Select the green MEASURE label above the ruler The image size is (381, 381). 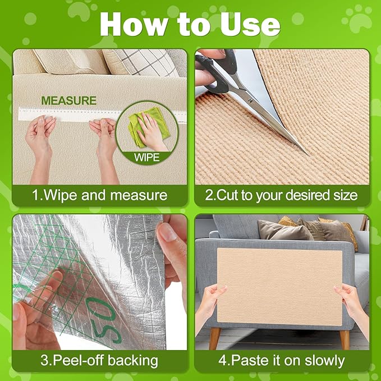pyautogui.click(x=68, y=101)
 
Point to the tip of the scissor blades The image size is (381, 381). pyautogui.click(x=306, y=153)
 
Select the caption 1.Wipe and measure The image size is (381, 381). pyautogui.click(x=99, y=195)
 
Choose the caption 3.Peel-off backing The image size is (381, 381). pyautogui.click(x=99, y=360)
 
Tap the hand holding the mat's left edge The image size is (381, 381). pyautogui.click(x=212, y=304)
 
